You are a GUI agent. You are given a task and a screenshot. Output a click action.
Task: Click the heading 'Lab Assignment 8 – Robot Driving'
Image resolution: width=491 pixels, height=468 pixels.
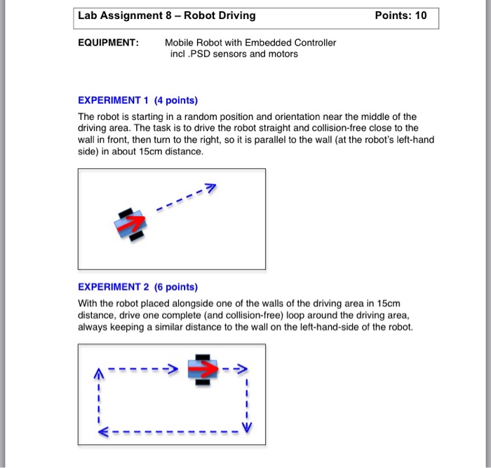[x=167, y=15]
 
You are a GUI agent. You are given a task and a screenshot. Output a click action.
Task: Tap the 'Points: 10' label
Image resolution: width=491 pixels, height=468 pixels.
[x=401, y=15]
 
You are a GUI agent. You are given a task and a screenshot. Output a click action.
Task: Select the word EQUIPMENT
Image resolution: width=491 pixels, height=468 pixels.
[x=108, y=43]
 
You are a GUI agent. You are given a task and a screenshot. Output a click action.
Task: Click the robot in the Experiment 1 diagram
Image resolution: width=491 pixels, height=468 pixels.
[x=131, y=224]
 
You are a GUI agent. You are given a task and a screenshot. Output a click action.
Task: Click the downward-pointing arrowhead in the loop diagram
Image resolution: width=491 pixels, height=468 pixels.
[x=246, y=427]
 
